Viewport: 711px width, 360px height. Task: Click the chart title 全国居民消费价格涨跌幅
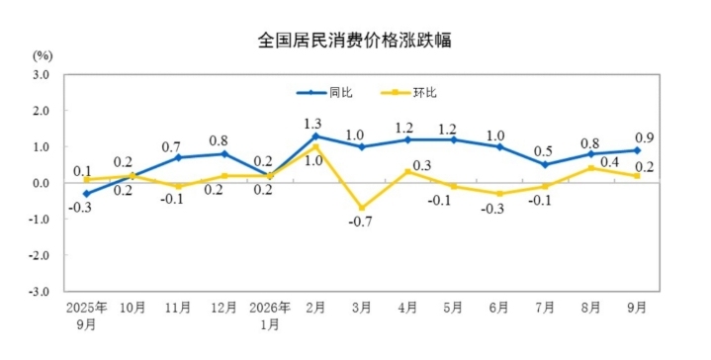[355, 41]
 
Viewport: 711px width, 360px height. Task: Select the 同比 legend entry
[324, 93]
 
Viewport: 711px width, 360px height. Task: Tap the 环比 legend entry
[408, 93]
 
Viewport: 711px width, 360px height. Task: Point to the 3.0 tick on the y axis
[41, 74]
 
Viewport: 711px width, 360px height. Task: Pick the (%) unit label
[43, 55]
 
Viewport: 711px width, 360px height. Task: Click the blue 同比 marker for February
[315, 136]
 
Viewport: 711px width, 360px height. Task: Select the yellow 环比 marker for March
[362, 208]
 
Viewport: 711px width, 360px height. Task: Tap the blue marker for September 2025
[87, 194]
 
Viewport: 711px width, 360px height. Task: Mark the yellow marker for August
[590, 168]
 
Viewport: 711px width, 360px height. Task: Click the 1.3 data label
[312, 124]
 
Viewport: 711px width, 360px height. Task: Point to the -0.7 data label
[361, 222]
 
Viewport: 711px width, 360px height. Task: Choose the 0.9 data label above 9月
[644, 137]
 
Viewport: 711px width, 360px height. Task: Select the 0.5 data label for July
[543, 151]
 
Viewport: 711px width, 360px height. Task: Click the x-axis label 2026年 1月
[270, 315]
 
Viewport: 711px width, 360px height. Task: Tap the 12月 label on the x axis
[224, 308]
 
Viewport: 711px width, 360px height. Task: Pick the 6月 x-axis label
[498, 308]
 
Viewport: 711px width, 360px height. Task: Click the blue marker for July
[545, 164]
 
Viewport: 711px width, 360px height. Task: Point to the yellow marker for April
[407, 172]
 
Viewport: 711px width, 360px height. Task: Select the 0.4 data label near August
[610, 162]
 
